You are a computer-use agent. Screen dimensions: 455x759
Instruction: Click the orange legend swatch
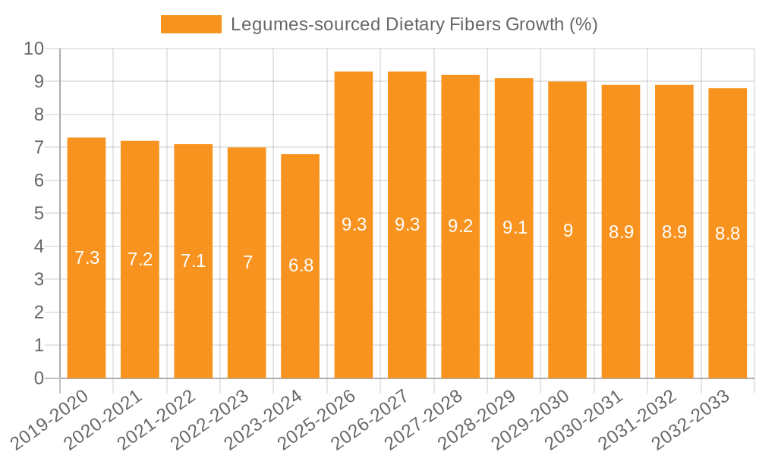191,24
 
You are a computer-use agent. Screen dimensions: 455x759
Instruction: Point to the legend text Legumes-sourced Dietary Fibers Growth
414,24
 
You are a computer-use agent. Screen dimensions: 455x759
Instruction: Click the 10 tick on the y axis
34,49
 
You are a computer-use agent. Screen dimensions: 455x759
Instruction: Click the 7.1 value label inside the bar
194,262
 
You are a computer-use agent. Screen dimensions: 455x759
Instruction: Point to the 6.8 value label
301,266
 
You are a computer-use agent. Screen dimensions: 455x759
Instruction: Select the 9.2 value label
461,226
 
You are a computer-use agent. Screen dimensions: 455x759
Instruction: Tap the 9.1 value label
515,227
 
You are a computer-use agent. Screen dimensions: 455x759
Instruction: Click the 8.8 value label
728,234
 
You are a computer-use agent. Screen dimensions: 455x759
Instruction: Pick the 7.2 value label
140,259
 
